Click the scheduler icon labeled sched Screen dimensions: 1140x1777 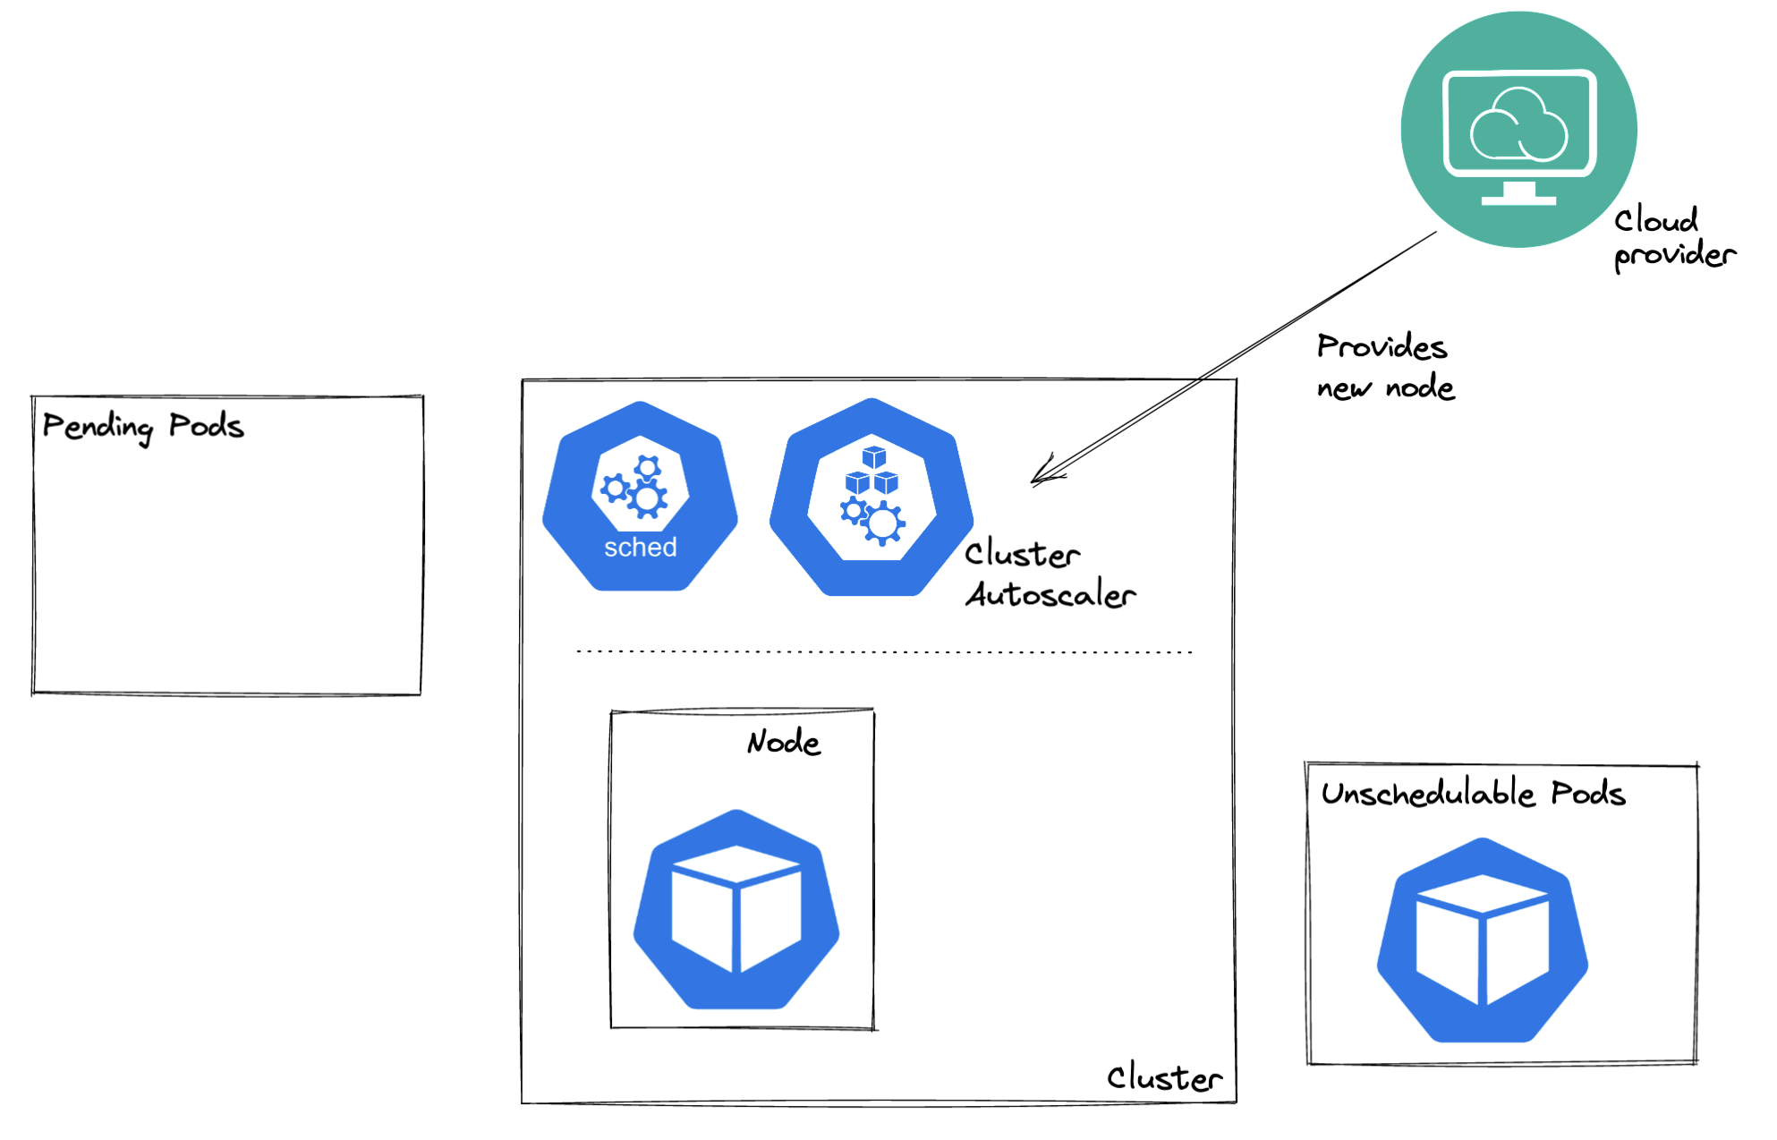640,497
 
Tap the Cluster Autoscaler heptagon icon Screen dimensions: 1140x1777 871,498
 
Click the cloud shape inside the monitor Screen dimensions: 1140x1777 1519,125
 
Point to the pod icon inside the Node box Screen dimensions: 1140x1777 736,909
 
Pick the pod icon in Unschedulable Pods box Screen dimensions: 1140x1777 1483,940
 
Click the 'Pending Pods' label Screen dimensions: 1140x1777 143,426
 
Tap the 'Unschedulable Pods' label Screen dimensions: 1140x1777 1473,794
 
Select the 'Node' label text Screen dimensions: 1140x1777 784,742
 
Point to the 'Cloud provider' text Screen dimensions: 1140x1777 1673,237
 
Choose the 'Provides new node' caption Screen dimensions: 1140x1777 1385,367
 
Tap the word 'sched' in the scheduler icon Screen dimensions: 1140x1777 641,547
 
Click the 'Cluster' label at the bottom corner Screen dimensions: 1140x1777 1164,1077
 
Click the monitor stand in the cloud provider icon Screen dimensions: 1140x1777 1518,193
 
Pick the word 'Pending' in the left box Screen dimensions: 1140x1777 98,427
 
